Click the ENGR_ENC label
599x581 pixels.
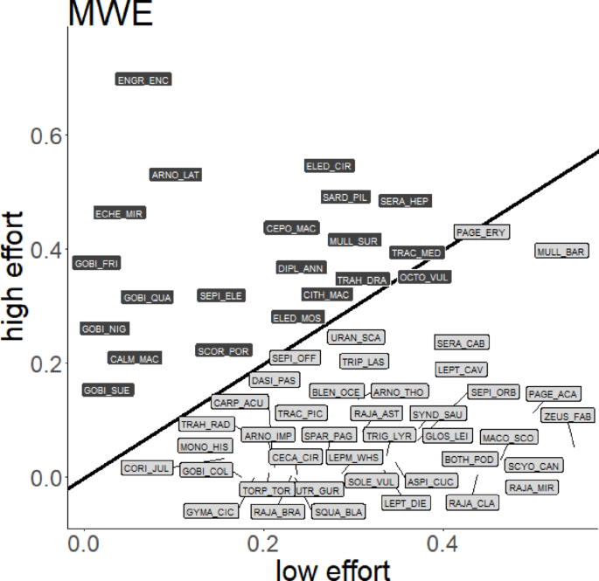point(143,80)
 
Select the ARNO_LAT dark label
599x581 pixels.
point(176,175)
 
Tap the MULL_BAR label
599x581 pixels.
point(561,252)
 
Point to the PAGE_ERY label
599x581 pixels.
point(482,232)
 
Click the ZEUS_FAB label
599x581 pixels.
point(567,415)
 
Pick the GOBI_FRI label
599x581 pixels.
point(96,263)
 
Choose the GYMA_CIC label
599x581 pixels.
point(211,511)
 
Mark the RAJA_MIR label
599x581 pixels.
point(533,487)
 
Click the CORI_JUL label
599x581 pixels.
point(147,468)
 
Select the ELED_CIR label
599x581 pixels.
point(330,166)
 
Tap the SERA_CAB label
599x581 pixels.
point(462,343)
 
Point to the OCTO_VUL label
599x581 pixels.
point(424,277)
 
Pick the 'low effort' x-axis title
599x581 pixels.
point(333,570)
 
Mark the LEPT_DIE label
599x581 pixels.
point(406,503)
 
